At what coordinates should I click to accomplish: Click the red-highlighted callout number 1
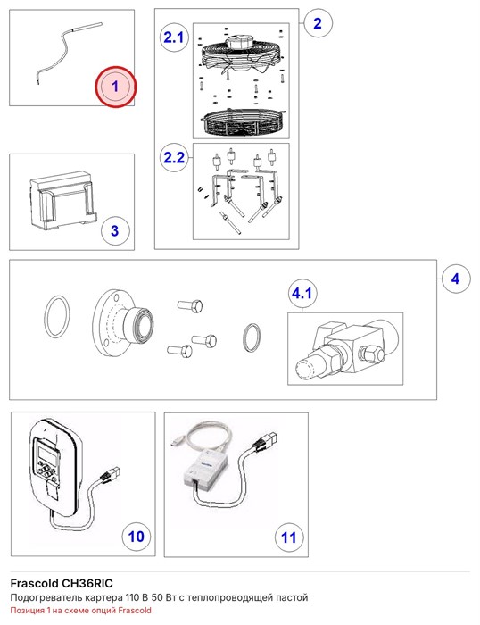(x=115, y=87)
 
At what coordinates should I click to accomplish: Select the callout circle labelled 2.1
(x=174, y=37)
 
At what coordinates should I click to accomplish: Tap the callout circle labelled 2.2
(x=174, y=157)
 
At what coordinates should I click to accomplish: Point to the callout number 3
(x=115, y=230)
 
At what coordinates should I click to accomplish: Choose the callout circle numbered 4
(x=456, y=279)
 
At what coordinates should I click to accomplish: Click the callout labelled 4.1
(x=302, y=294)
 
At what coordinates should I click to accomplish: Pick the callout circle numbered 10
(x=137, y=536)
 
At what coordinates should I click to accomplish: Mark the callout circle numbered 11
(x=289, y=537)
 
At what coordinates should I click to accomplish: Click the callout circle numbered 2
(x=318, y=23)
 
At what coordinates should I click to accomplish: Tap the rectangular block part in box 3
(x=63, y=200)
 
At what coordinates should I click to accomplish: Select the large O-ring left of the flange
(x=56, y=317)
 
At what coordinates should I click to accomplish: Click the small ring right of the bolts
(x=252, y=337)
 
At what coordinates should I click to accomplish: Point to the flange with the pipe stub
(x=122, y=323)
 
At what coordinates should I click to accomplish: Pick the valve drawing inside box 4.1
(x=345, y=347)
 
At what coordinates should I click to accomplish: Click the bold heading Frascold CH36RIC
(x=62, y=584)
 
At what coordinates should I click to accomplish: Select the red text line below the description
(x=81, y=610)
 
